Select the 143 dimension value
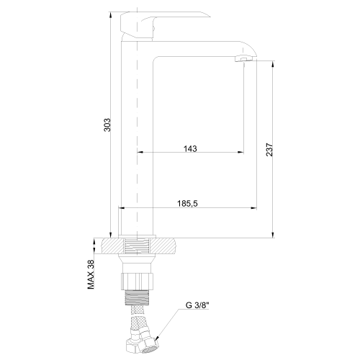190,148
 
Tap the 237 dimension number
268,149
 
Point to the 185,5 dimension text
187,204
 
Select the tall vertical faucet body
137,144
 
